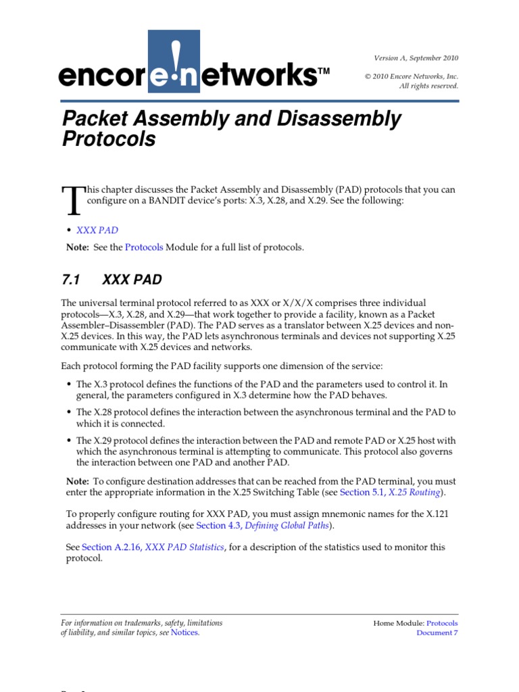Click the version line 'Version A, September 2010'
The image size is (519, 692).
(416, 58)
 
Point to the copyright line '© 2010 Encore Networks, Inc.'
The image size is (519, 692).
(412, 76)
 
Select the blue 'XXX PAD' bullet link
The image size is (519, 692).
(97, 230)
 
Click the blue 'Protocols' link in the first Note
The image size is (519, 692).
(144, 247)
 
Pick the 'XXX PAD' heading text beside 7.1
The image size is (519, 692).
(132, 280)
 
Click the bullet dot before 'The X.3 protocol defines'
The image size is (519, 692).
(70, 385)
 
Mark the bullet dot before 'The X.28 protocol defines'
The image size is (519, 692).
(70, 412)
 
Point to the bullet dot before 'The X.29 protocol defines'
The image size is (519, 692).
(70, 441)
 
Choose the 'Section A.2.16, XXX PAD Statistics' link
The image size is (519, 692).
(153, 547)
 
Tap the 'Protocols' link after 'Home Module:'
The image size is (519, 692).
(442, 623)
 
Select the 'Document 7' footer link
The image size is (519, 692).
(437, 633)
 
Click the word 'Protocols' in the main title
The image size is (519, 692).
(109, 139)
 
